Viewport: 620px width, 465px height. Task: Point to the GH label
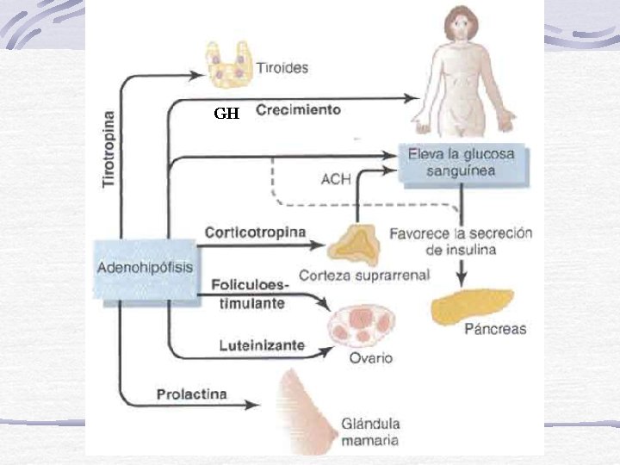[x=226, y=113]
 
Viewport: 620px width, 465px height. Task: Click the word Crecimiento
[x=298, y=110]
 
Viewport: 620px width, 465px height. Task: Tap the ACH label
[x=335, y=179]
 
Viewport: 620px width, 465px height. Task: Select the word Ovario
[x=371, y=357]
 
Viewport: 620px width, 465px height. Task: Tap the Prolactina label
[x=191, y=395]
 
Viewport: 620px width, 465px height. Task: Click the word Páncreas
[x=494, y=329]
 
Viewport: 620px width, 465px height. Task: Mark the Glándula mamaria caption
[x=370, y=431]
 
